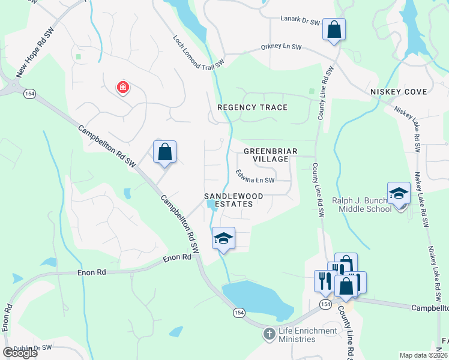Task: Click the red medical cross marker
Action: coord(122,88)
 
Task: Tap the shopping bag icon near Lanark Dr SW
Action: coord(334,29)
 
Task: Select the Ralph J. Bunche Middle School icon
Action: coord(399,193)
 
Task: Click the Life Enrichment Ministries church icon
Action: coord(268,332)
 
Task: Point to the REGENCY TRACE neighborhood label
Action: coord(252,107)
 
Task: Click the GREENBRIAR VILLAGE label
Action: coord(266,155)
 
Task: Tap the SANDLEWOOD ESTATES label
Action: coord(228,200)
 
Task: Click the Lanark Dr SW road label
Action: coord(300,20)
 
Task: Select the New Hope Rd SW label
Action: coord(35,52)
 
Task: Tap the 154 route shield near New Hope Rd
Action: coord(29,94)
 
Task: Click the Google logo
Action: coord(20,353)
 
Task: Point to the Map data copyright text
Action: coord(424,355)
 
